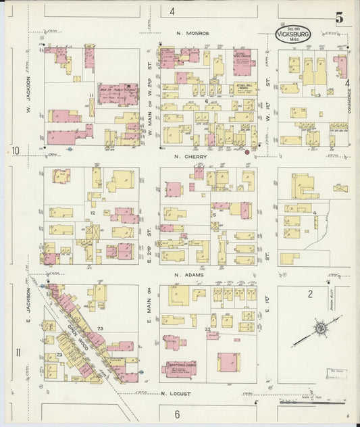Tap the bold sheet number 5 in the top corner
click(338, 18)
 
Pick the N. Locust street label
click(176, 393)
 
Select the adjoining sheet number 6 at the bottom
click(177, 413)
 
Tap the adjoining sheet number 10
click(14, 150)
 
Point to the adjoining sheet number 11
click(18, 351)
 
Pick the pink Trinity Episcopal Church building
click(179, 369)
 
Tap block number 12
click(91, 213)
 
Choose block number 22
click(208, 329)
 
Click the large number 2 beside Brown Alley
click(310, 293)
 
